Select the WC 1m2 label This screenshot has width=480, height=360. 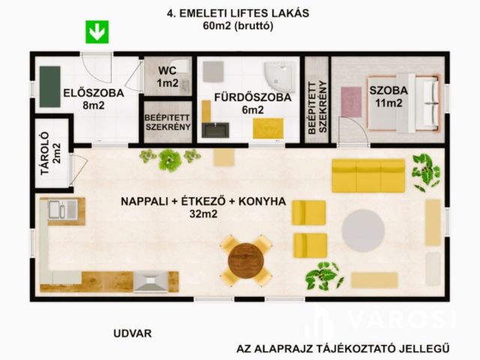168,77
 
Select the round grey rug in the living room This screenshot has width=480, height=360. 363,230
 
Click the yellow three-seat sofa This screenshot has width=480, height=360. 368,175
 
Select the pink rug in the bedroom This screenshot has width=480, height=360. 351,101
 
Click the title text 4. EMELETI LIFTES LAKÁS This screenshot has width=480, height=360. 238,13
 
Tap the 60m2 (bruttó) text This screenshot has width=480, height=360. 237,25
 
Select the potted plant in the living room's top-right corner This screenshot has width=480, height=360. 425,170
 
